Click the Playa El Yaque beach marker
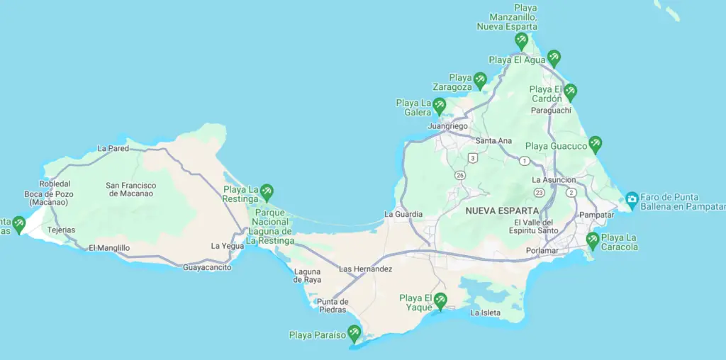tap(440, 300)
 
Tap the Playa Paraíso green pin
tap(354, 332)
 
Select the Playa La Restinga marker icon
tap(267, 191)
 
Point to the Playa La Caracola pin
tap(592, 240)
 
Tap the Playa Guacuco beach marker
tap(595, 144)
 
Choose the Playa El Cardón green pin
tap(569, 92)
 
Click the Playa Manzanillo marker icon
tap(521, 40)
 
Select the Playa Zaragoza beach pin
tap(480, 80)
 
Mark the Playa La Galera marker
tap(439, 106)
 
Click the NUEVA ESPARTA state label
tap(502, 211)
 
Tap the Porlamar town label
tap(542, 251)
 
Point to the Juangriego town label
tap(448, 126)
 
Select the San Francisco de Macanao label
tap(131, 190)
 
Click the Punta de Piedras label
tap(332, 305)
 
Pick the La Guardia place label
tap(403, 214)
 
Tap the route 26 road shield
tap(460, 175)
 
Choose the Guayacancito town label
tap(207, 267)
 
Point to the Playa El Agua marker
tap(553, 57)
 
